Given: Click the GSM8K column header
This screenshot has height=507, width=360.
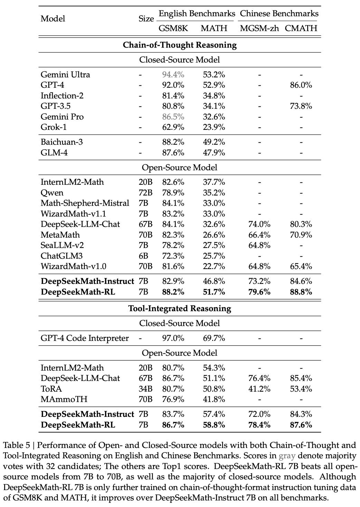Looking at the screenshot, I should pos(173,28).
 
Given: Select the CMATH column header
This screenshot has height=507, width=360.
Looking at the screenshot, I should pos(301,28).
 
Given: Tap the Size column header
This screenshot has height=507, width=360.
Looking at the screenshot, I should pos(146,19).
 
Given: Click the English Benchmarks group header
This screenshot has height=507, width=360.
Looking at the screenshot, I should pos(197,14).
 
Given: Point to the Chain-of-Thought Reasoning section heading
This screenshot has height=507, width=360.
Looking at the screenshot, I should pos(180,45).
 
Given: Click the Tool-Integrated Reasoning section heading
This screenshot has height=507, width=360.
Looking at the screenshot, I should pos(180,308).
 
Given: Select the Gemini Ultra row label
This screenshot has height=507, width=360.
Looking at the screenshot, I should pos(65,75).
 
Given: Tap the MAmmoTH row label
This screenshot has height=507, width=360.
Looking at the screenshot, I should pos(64,399).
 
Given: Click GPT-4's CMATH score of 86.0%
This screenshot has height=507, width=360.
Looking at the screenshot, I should pos(301,85).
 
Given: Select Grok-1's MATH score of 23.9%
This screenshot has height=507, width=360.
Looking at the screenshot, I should pos(214,127).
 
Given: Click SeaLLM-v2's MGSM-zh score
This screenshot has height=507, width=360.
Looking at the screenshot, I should pos(259,246).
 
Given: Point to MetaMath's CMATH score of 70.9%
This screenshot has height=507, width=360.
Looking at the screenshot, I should pos(301,235).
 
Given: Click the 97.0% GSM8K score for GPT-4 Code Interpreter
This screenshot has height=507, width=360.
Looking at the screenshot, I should pos(173,338).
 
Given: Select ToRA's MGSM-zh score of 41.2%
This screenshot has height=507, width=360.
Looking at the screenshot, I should pos(259,389).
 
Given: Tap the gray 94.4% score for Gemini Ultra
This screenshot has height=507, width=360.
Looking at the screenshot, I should pos(173,75).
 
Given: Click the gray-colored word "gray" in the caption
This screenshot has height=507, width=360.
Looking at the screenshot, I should pos(287,456).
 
